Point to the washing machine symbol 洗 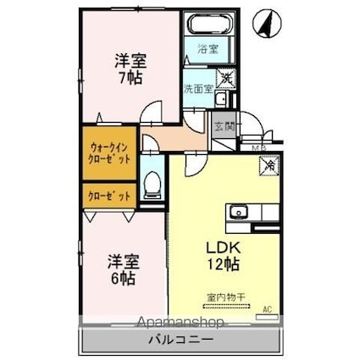pyautogui.click(x=226, y=79)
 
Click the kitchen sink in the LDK pyautogui.click(x=237, y=211)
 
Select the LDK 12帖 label pyautogui.click(x=222, y=256)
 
